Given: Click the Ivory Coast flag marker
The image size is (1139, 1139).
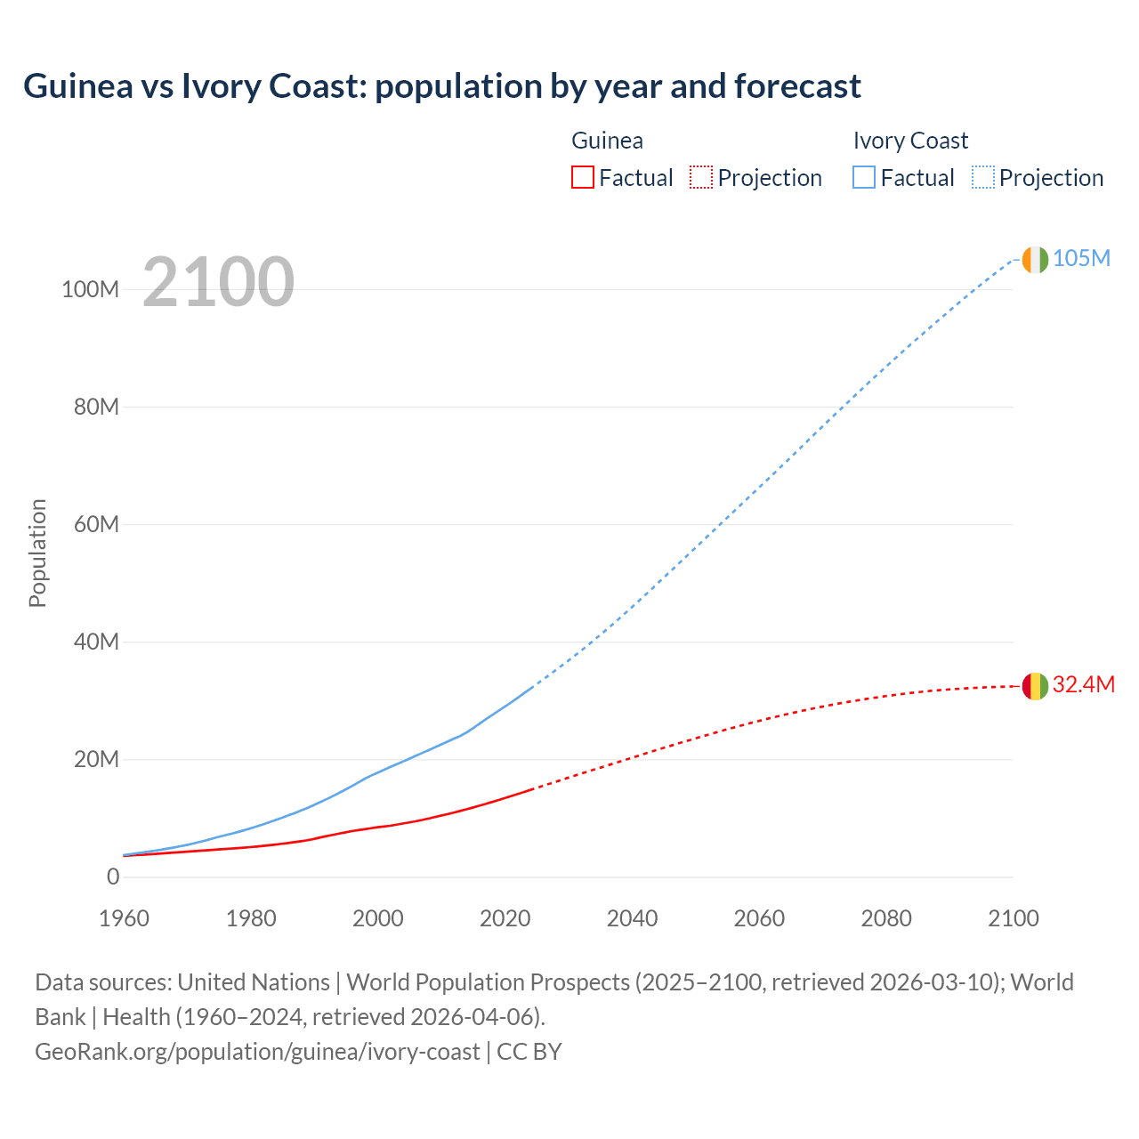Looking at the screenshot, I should (x=1035, y=259).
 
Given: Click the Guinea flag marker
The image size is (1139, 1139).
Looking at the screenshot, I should (x=1035, y=686).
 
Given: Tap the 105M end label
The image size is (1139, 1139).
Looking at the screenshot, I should (x=1081, y=258).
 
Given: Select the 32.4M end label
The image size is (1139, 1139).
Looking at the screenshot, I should (x=1083, y=684).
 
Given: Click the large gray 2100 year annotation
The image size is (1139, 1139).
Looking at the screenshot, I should (x=218, y=282).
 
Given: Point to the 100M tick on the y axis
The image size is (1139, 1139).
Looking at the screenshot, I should (x=90, y=289).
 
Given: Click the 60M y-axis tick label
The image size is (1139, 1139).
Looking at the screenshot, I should (x=95, y=524).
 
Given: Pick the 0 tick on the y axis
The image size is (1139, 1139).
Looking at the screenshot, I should (x=113, y=876).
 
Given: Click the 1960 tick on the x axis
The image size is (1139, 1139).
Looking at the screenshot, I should (x=124, y=918).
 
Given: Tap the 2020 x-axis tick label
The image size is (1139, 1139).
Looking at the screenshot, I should (x=505, y=918).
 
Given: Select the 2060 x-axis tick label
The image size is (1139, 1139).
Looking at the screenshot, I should (x=759, y=918).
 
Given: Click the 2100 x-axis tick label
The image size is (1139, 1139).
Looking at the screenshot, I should (x=1013, y=918).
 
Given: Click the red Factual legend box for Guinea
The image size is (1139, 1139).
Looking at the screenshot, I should (x=582, y=177).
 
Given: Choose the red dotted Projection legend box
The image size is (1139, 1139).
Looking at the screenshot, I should (x=701, y=177).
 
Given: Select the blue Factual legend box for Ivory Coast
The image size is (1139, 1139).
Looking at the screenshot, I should (x=863, y=177).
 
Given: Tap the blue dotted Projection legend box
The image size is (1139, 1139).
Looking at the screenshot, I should (x=983, y=177).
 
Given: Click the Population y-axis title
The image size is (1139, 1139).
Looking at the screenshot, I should (x=37, y=553).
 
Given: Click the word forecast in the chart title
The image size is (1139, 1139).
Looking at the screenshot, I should (x=797, y=86).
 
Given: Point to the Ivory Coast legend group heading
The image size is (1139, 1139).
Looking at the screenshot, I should (x=909, y=141).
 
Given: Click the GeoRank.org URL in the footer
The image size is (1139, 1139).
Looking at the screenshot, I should (x=257, y=1052).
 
